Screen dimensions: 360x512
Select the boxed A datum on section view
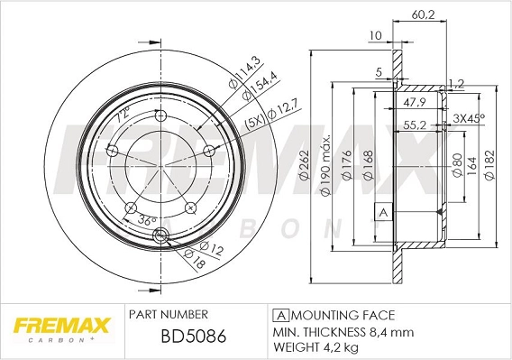coord(383,211)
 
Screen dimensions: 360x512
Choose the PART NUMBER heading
coord(169,315)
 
